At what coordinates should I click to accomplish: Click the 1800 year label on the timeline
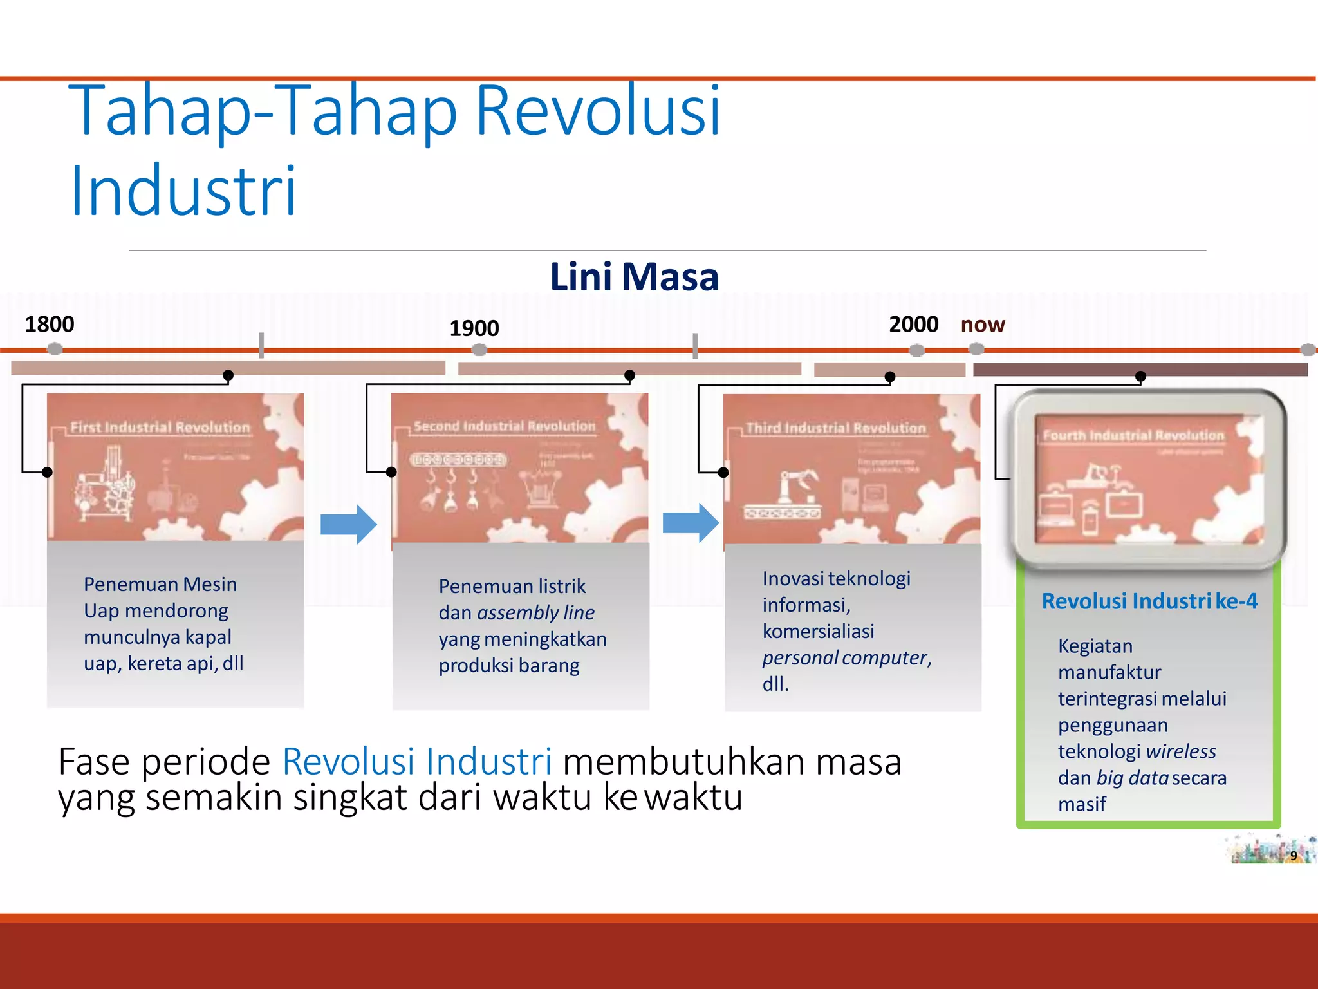coord(50,324)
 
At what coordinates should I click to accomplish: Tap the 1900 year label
coord(474,328)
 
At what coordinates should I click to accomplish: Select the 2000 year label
coord(913,324)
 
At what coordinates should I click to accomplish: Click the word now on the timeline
coord(982,325)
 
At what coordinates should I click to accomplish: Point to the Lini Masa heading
coord(634,278)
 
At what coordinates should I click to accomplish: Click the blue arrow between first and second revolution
coord(348,524)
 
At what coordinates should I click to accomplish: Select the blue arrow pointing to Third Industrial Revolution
coord(691,523)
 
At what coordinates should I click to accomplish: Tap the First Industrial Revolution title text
coord(160,428)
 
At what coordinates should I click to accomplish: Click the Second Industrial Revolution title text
coord(505,426)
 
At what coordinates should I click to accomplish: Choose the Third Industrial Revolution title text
coord(835,428)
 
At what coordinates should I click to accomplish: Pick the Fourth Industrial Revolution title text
coord(1133,436)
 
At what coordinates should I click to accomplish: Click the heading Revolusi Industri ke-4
coord(1149,601)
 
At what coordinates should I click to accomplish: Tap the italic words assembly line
coord(535,612)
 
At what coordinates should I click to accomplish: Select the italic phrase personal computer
coord(845,657)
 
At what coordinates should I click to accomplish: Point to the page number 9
coord(1293,856)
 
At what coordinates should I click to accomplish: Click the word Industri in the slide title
coord(183,191)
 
